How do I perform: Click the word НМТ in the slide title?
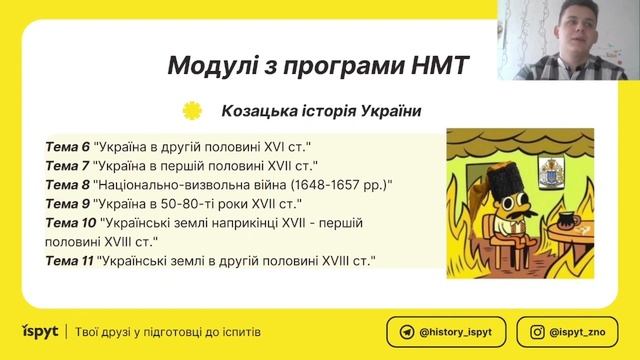click(438, 67)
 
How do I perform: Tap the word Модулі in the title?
click(211, 67)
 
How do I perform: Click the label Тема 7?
click(67, 166)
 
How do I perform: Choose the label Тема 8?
click(67, 185)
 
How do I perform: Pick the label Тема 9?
click(67, 204)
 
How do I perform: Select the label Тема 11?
click(70, 261)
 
